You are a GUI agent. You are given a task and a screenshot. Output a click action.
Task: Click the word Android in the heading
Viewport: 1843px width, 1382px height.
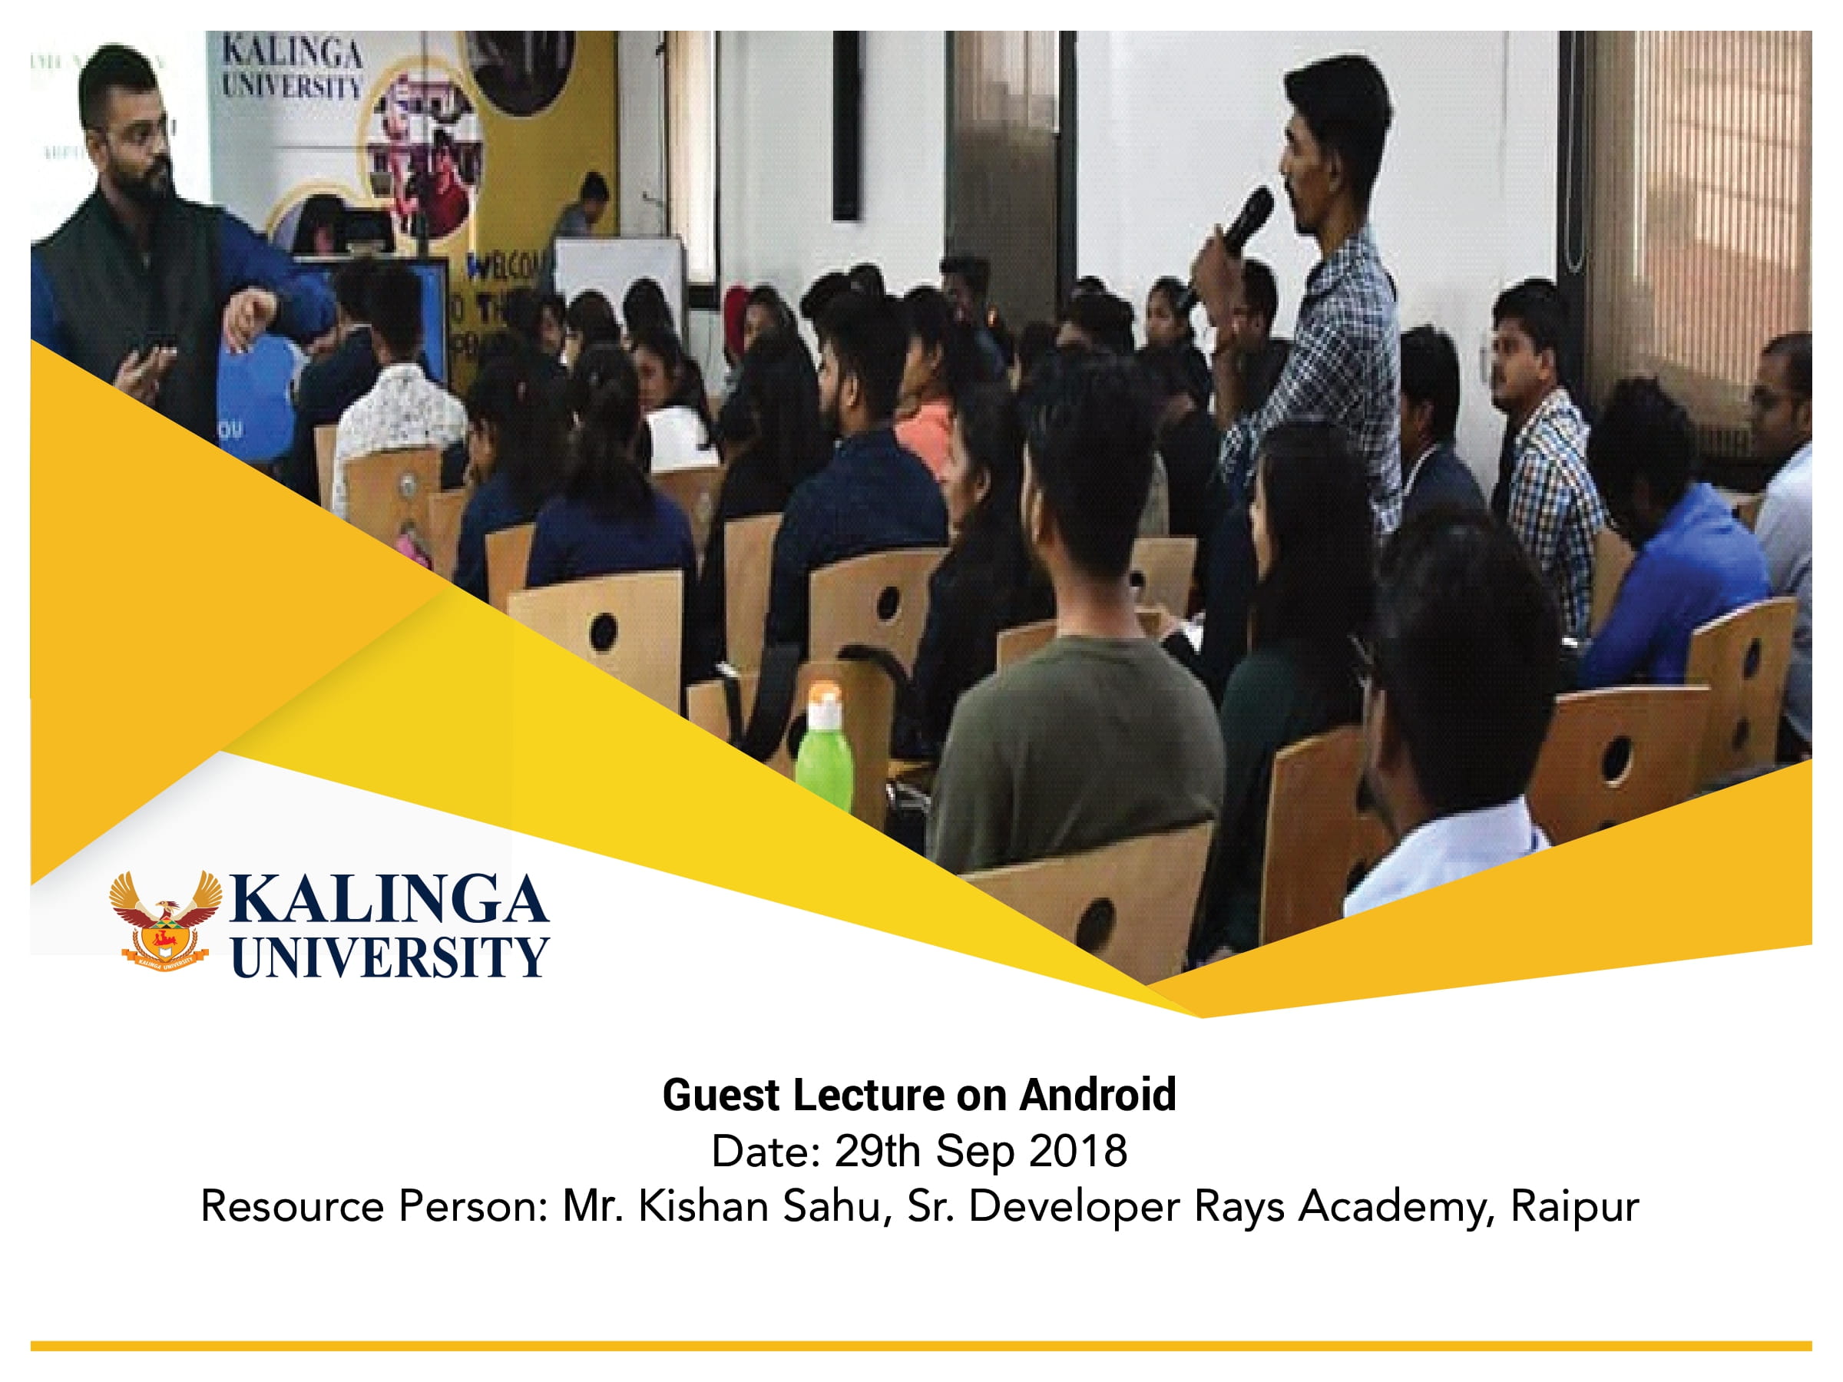[1097, 1095]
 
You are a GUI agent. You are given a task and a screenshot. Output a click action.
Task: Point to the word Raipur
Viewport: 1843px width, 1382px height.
[1575, 1206]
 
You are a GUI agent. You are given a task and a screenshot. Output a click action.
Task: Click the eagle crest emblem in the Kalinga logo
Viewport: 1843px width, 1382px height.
[166, 921]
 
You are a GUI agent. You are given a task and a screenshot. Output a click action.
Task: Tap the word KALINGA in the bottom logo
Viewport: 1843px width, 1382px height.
[389, 901]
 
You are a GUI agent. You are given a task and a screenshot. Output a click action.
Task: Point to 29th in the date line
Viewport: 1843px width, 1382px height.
[875, 1151]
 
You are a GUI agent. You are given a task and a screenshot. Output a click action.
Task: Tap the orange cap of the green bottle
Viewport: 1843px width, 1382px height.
[825, 693]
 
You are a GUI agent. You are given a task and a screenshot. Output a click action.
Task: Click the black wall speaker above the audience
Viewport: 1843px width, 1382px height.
[845, 125]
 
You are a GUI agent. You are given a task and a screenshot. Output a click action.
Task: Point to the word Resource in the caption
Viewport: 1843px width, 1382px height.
[293, 1206]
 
